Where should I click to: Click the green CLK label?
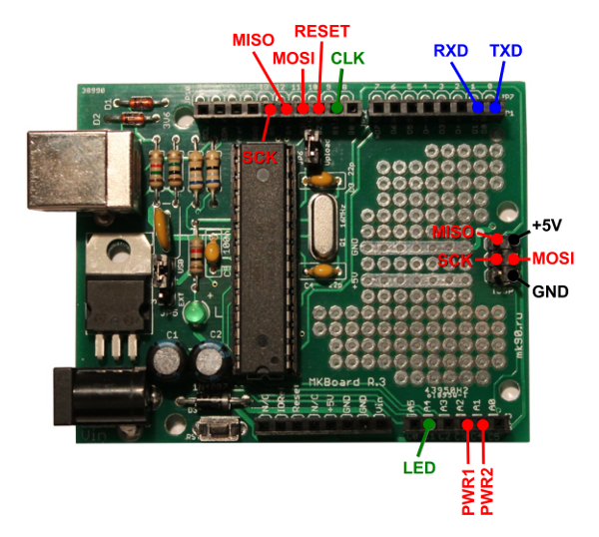347,58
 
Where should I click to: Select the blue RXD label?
450,50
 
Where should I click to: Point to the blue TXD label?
505,50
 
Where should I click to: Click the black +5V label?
550,226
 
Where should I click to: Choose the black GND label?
550,292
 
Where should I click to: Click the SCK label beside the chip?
260,158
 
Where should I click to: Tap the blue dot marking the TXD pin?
495,106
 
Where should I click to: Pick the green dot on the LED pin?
429,427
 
